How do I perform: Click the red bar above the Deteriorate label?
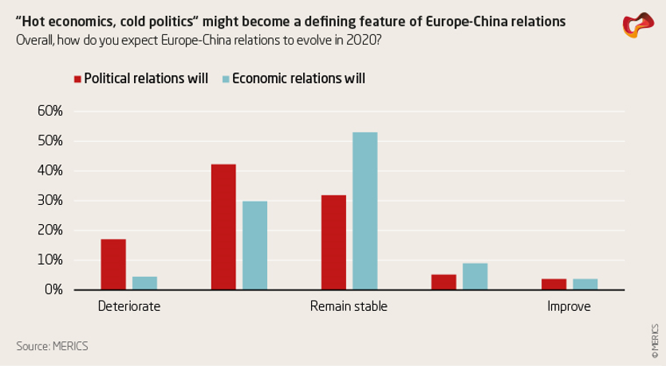coord(113,265)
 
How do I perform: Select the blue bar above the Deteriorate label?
coord(144,283)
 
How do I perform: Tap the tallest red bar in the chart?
coord(223,227)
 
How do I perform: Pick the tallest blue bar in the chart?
coord(365,211)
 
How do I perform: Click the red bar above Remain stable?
coord(333,242)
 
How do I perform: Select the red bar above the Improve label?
coord(554,285)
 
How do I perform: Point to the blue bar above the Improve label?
coord(585,285)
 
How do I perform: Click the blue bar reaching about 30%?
coord(254,246)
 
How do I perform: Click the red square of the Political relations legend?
coord(77,79)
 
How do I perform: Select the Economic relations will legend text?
coord(299,79)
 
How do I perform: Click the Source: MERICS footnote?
coord(52,346)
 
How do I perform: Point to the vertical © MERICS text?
coord(654,339)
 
